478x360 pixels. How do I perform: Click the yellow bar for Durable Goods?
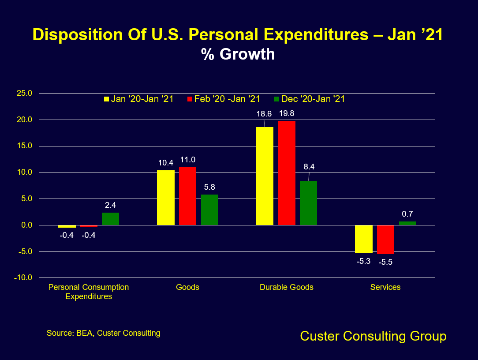point(265,176)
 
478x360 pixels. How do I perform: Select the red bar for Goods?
point(187,196)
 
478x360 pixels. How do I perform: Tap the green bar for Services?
point(407,223)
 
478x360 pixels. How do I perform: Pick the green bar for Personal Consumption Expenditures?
point(110,219)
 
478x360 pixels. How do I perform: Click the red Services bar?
point(385,240)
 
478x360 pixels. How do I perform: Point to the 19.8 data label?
point(286,113)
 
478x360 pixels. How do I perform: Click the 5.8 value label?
point(210,187)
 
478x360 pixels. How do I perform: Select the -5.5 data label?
point(385,262)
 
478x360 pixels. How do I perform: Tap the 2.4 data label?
point(110,205)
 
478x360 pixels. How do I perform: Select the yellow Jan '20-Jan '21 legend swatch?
point(106,99)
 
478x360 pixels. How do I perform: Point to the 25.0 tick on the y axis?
point(24,93)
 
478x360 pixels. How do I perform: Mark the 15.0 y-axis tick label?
point(24,146)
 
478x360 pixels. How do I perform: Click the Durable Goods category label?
point(287,287)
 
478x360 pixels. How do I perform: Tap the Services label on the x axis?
point(385,287)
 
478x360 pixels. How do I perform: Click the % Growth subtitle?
point(238,54)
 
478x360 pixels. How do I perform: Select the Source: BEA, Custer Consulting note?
point(104,333)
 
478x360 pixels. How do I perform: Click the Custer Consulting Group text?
point(373,336)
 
